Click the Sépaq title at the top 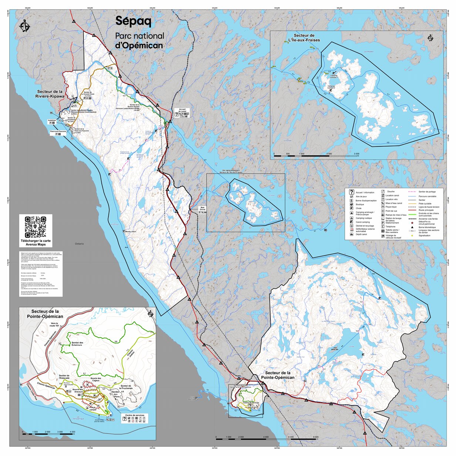[133, 21]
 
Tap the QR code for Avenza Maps [36, 227]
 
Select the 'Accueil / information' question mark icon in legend [351, 192]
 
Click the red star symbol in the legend [412, 223]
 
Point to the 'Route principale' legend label [426, 210]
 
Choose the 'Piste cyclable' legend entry [424, 203]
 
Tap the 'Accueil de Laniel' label [182, 110]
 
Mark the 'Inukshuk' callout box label [52, 121]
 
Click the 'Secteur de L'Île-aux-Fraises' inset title [304, 38]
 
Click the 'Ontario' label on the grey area [79, 244]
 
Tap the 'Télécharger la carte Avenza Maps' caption [36, 242]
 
